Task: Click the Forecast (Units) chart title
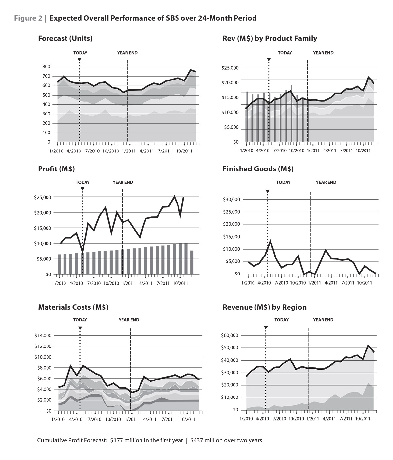point(65,38)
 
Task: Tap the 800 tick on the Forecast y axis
point(47,67)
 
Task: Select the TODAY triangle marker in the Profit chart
point(82,189)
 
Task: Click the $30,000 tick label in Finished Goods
point(232,200)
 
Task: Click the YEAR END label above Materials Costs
point(129,320)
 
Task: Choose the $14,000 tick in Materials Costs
point(43,335)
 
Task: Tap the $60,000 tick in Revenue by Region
point(231,335)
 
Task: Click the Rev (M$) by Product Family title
point(270,38)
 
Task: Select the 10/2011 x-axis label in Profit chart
point(179,283)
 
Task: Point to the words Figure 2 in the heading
point(28,18)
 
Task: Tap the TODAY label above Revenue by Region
point(281,320)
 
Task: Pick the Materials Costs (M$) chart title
point(73,307)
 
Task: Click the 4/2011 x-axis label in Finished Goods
point(331,283)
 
